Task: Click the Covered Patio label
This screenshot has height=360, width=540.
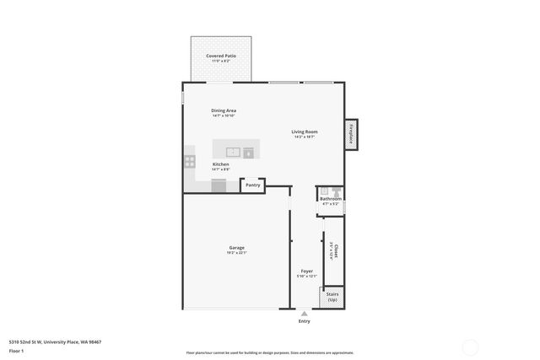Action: point(221,56)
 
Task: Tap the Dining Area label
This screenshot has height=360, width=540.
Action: point(224,110)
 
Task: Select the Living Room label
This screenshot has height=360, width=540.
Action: point(305,132)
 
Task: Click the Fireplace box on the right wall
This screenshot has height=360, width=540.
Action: point(350,135)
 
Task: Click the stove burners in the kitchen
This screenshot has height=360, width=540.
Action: point(190,160)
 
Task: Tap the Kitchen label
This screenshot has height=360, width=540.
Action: point(220,164)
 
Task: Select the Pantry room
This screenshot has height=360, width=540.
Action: point(252,185)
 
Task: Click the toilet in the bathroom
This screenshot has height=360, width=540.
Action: point(336,191)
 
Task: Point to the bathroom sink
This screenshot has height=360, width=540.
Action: point(323,191)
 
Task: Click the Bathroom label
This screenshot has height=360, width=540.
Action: point(330,199)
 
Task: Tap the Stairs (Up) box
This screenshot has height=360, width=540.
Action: point(332,297)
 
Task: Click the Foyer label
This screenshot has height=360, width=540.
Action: point(307,271)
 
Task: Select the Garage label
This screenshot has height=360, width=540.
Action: point(236,248)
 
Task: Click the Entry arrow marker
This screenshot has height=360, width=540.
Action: point(304,313)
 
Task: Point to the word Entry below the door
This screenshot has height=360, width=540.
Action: point(304,321)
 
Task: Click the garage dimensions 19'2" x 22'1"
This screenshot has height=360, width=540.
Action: point(236,253)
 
